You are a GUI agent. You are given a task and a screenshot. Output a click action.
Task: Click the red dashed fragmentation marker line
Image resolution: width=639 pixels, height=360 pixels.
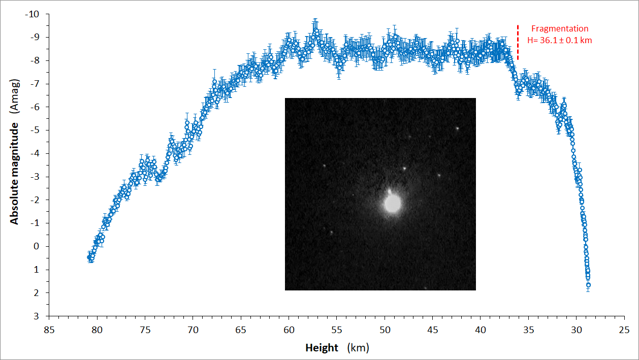point(518,43)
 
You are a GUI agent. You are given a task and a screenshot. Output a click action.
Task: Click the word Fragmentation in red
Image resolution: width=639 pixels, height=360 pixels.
point(560,28)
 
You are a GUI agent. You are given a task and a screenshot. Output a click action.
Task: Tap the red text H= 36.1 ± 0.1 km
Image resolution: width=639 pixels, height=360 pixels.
point(559,40)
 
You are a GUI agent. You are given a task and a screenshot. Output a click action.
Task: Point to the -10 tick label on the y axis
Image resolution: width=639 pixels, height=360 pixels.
point(32,14)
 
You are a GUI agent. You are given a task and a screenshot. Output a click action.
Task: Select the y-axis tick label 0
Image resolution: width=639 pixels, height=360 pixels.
point(36,246)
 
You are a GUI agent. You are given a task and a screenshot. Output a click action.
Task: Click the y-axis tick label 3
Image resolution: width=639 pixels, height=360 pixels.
point(36,316)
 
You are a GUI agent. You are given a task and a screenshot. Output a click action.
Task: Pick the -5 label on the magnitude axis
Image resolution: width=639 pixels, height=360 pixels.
point(35,130)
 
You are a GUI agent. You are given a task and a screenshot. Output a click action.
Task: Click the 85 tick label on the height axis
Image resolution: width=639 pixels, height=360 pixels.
point(49,330)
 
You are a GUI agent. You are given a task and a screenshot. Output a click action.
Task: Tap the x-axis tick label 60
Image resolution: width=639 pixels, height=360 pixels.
point(289,330)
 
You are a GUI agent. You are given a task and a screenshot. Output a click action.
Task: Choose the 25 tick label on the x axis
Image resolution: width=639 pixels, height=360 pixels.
point(624,330)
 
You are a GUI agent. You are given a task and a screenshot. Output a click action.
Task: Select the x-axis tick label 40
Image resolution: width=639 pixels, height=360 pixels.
point(481,330)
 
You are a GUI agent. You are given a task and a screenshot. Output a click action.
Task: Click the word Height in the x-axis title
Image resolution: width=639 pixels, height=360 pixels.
point(322,348)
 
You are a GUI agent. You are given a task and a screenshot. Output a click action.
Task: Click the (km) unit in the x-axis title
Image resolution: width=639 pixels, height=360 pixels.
point(358,348)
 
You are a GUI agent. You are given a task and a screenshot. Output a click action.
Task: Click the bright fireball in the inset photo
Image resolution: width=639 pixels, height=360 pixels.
point(393,204)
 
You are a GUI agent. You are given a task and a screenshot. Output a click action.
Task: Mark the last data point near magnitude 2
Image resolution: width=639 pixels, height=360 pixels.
point(588,285)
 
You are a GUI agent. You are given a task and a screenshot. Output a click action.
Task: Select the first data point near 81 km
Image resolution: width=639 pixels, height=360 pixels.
point(89,257)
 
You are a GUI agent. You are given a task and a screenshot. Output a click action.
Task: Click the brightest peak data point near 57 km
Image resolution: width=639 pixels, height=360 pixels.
point(315,30)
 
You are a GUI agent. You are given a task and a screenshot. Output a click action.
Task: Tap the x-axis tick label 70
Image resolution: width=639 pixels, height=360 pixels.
point(193,330)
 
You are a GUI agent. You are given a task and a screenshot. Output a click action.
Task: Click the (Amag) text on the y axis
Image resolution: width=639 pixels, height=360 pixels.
point(14,96)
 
